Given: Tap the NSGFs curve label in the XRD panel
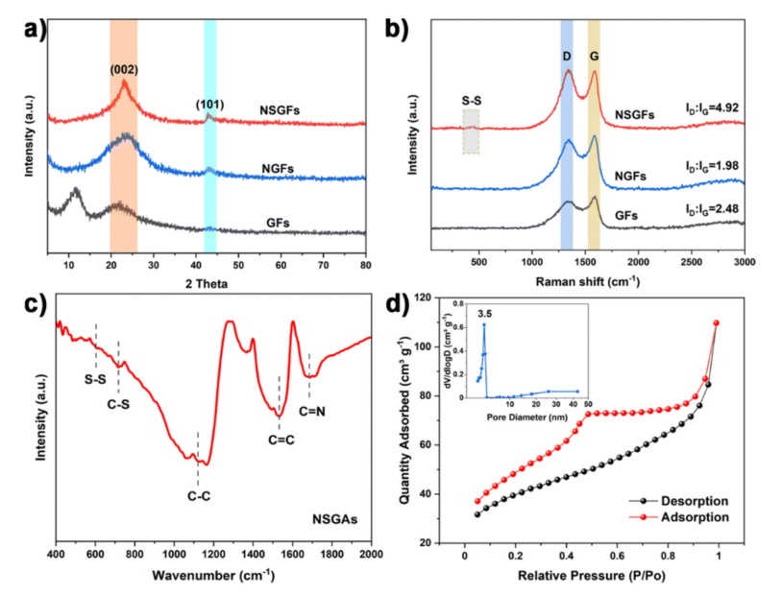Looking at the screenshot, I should (280, 110).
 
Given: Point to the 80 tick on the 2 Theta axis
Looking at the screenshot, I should (365, 262).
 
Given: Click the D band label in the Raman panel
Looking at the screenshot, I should (567, 57).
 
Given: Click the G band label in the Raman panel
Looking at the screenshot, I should (595, 57).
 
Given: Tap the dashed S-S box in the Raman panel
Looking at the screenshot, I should (471, 131).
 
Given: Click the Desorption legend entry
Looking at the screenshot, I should (696, 501).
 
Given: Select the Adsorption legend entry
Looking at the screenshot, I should (696, 517).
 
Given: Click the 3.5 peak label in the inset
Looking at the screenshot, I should (485, 313).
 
